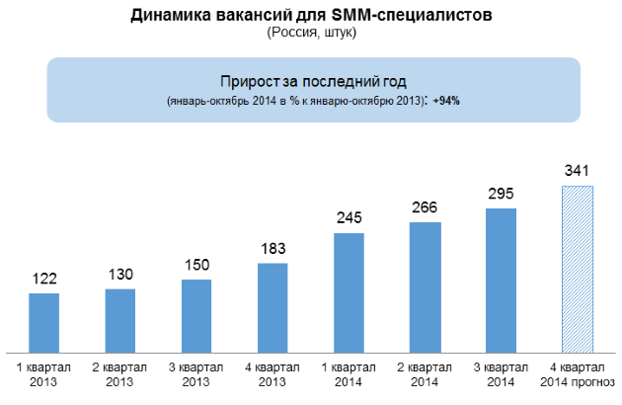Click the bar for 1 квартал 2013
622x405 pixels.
pyautogui.click(x=44, y=323)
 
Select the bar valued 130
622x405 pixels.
pyautogui.click(x=119, y=321)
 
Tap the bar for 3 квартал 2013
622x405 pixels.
pyautogui.click(x=196, y=316)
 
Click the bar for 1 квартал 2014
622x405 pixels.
pyautogui.click(x=349, y=293)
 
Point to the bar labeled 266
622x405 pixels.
pyautogui.click(x=425, y=287)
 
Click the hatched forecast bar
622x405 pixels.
pyautogui.click(x=577, y=270)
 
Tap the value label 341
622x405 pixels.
pyautogui.click(x=577, y=171)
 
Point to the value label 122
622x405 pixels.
pyautogui.click(x=44, y=279)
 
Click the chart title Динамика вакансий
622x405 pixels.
pyautogui.click(x=312, y=15)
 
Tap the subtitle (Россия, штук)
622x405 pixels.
pyautogui.click(x=312, y=33)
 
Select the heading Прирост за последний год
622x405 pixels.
pyautogui.click(x=312, y=80)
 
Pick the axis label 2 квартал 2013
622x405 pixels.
pyautogui.click(x=119, y=374)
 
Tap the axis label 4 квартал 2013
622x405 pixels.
pyautogui.click(x=272, y=374)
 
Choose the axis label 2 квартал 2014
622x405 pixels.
pyautogui.click(x=425, y=374)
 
